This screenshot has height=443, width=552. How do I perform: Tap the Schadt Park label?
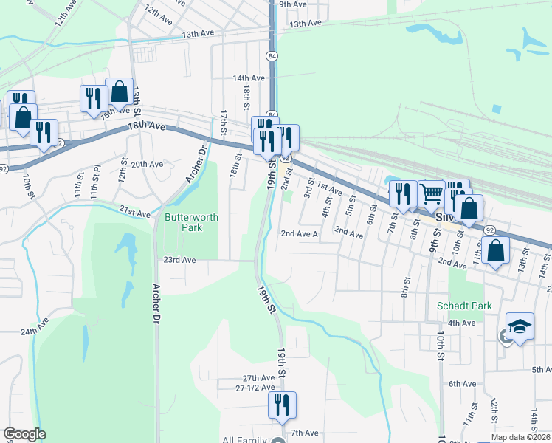[x=463, y=306]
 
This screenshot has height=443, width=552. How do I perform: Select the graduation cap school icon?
[x=520, y=327]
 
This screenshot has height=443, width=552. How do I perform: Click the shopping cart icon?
[x=432, y=195]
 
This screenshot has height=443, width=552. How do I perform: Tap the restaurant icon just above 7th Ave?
[x=282, y=405]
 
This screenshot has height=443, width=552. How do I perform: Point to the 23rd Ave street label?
[x=179, y=260]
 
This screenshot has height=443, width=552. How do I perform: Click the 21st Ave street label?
[x=136, y=213]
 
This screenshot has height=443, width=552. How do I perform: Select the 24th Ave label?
[x=35, y=326]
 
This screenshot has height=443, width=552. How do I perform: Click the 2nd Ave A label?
[x=299, y=234]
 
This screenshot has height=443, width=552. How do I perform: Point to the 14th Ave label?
[x=249, y=78]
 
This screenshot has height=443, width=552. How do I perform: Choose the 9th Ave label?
[x=292, y=4]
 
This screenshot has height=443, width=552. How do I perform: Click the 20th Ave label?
[x=146, y=164]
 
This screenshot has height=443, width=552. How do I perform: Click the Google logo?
[x=24, y=434]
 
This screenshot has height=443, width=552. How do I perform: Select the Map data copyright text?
[x=520, y=437]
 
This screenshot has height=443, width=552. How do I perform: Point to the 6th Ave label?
[x=462, y=384]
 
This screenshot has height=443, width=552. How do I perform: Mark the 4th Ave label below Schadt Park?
[x=462, y=323]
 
